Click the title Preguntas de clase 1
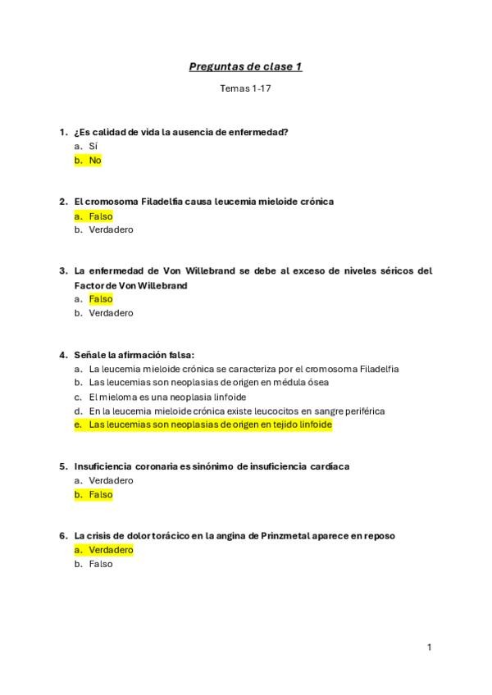pyautogui.click(x=245, y=66)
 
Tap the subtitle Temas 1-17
pyautogui.click(x=245, y=88)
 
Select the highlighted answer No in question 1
pyautogui.click(x=95, y=161)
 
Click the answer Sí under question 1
pyautogui.click(x=93, y=146)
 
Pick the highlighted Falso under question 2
pyautogui.click(x=101, y=216)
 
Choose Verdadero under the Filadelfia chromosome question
pyautogui.click(x=111, y=230)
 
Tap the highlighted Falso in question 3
pyautogui.click(x=101, y=299)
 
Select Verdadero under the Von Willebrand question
pyautogui.click(x=111, y=313)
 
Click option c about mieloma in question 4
pyautogui.click(x=167, y=397)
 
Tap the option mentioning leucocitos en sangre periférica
pyautogui.click(x=237, y=411)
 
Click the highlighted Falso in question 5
pyautogui.click(x=101, y=495)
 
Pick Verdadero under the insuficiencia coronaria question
pyautogui.click(x=111, y=480)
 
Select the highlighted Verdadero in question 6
pyautogui.click(x=111, y=550)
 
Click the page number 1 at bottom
pyautogui.click(x=429, y=647)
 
